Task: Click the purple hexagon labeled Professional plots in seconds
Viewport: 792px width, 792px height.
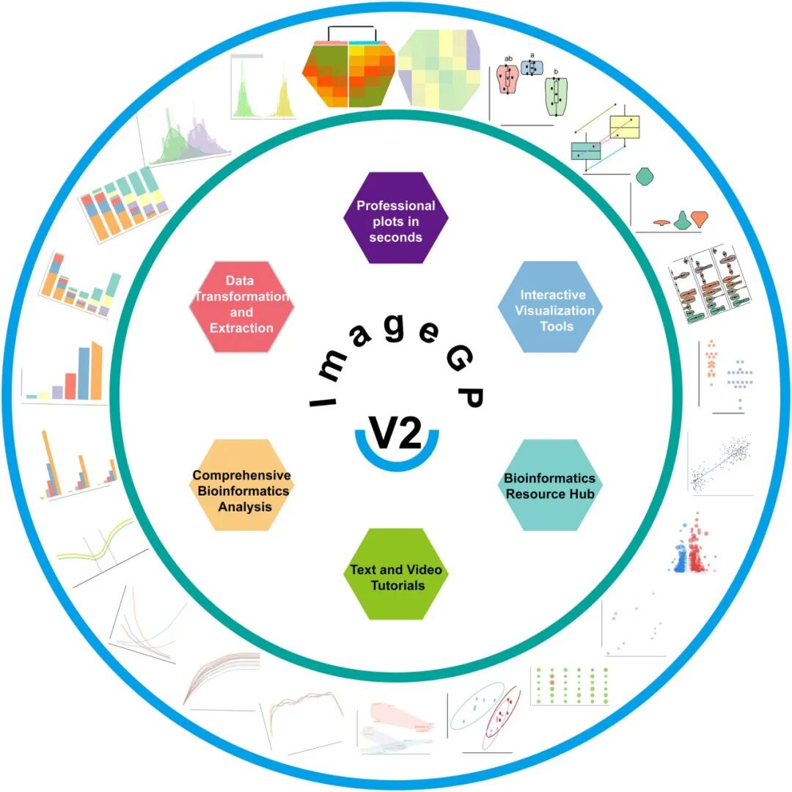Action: (x=395, y=218)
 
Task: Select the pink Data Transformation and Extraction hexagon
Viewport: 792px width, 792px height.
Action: (x=241, y=307)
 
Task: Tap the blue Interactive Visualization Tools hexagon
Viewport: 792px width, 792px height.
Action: (x=550, y=307)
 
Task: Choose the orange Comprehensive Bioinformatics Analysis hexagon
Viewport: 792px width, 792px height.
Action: (x=241, y=485)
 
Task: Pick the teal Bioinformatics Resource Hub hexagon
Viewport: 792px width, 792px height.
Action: (x=550, y=485)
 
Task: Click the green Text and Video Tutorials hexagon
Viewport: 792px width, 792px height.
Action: (x=395, y=573)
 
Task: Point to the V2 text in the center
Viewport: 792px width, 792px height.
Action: (x=395, y=433)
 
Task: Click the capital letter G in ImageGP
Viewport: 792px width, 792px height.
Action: (x=460, y=359)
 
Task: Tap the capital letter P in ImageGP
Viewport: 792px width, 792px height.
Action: (x=471, y=397)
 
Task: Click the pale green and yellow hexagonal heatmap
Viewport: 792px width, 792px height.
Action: (x=439, y=70)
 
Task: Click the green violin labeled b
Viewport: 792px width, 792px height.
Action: (x=556, y=97)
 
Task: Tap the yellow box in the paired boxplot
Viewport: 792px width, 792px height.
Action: (x=625, y=127)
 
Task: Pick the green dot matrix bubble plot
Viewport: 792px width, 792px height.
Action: (x=571, y=686)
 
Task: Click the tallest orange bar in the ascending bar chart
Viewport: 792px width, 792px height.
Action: (x=96, y=371)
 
